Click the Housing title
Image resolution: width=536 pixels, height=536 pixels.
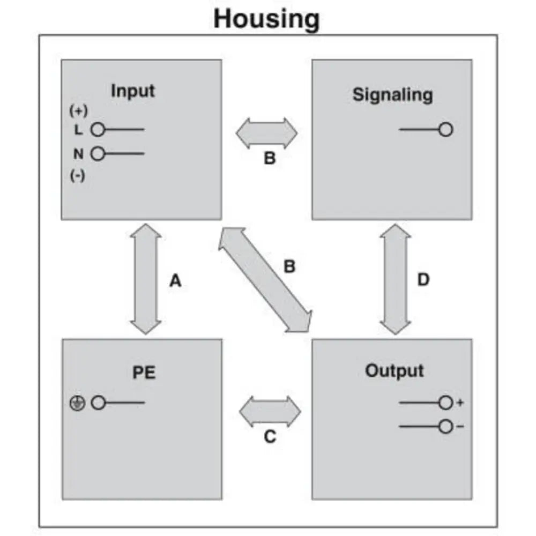coord(266,18)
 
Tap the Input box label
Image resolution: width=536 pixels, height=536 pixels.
coord(132,91)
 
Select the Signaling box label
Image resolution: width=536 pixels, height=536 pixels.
coord(392,95)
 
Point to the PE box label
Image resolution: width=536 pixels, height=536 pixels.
coord(144,373)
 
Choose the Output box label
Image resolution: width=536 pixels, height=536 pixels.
coord(394,371)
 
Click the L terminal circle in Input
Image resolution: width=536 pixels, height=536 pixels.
coord(97,130)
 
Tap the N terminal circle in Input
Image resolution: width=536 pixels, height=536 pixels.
coord(97,154)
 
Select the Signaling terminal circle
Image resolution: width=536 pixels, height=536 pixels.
coord(445,130)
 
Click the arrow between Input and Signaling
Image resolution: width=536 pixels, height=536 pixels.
coord(266,133)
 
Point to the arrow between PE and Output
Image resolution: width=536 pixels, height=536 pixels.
coord(270,411)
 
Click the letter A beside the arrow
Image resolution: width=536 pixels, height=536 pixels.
coord(175,280)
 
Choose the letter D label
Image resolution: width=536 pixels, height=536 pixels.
coord(423,280)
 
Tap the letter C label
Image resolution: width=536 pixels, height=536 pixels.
coord(270,437)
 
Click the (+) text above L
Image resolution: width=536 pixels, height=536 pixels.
coord(78,111)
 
